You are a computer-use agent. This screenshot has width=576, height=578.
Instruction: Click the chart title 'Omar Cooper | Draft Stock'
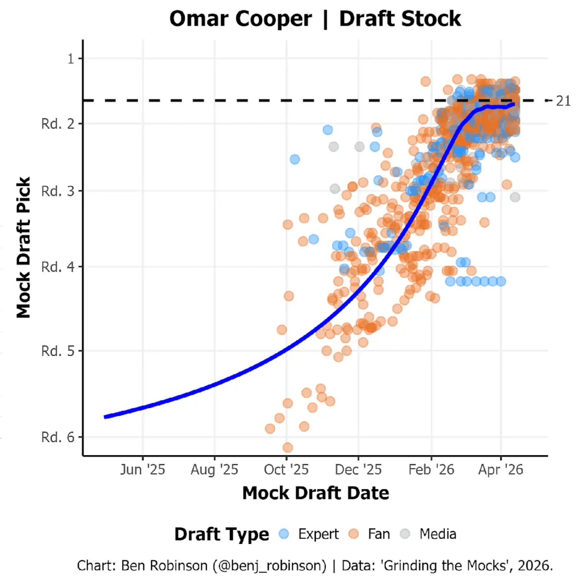[315, 19]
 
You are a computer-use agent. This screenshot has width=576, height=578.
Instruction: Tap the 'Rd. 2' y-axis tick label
[58, 124]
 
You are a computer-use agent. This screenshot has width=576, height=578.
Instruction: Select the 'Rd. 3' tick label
[58, 191]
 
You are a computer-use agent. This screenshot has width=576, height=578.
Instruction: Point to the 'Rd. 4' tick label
[58, 267]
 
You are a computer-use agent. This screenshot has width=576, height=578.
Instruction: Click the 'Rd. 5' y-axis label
[58, 351]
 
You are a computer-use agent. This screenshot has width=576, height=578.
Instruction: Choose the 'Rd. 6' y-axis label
[58, 437]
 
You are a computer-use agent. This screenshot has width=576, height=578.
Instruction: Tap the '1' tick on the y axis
[71, 59]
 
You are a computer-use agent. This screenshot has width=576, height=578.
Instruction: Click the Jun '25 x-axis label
[143, 470]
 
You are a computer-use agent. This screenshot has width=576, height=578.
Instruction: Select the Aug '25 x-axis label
[214, 470]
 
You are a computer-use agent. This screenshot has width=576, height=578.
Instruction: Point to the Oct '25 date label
[286, 470]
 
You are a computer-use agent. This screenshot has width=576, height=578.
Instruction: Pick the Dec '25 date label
[358, 470]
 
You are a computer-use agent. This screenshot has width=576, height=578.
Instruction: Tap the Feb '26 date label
[431, 470]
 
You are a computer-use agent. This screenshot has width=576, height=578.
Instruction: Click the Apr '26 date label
[500, 470]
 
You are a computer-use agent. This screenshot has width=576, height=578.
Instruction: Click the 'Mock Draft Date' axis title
[315, 493]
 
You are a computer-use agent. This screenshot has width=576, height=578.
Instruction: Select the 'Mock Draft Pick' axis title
[24, 247]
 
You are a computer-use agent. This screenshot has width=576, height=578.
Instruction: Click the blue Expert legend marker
[284, 534]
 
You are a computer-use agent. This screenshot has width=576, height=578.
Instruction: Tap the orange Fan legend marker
[353, 534]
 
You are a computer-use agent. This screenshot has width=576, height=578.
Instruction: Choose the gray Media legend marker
[405, 534]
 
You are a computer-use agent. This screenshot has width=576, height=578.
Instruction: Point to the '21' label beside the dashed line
[563, 101]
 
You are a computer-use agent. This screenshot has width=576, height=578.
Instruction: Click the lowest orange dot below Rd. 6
[288, 448]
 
